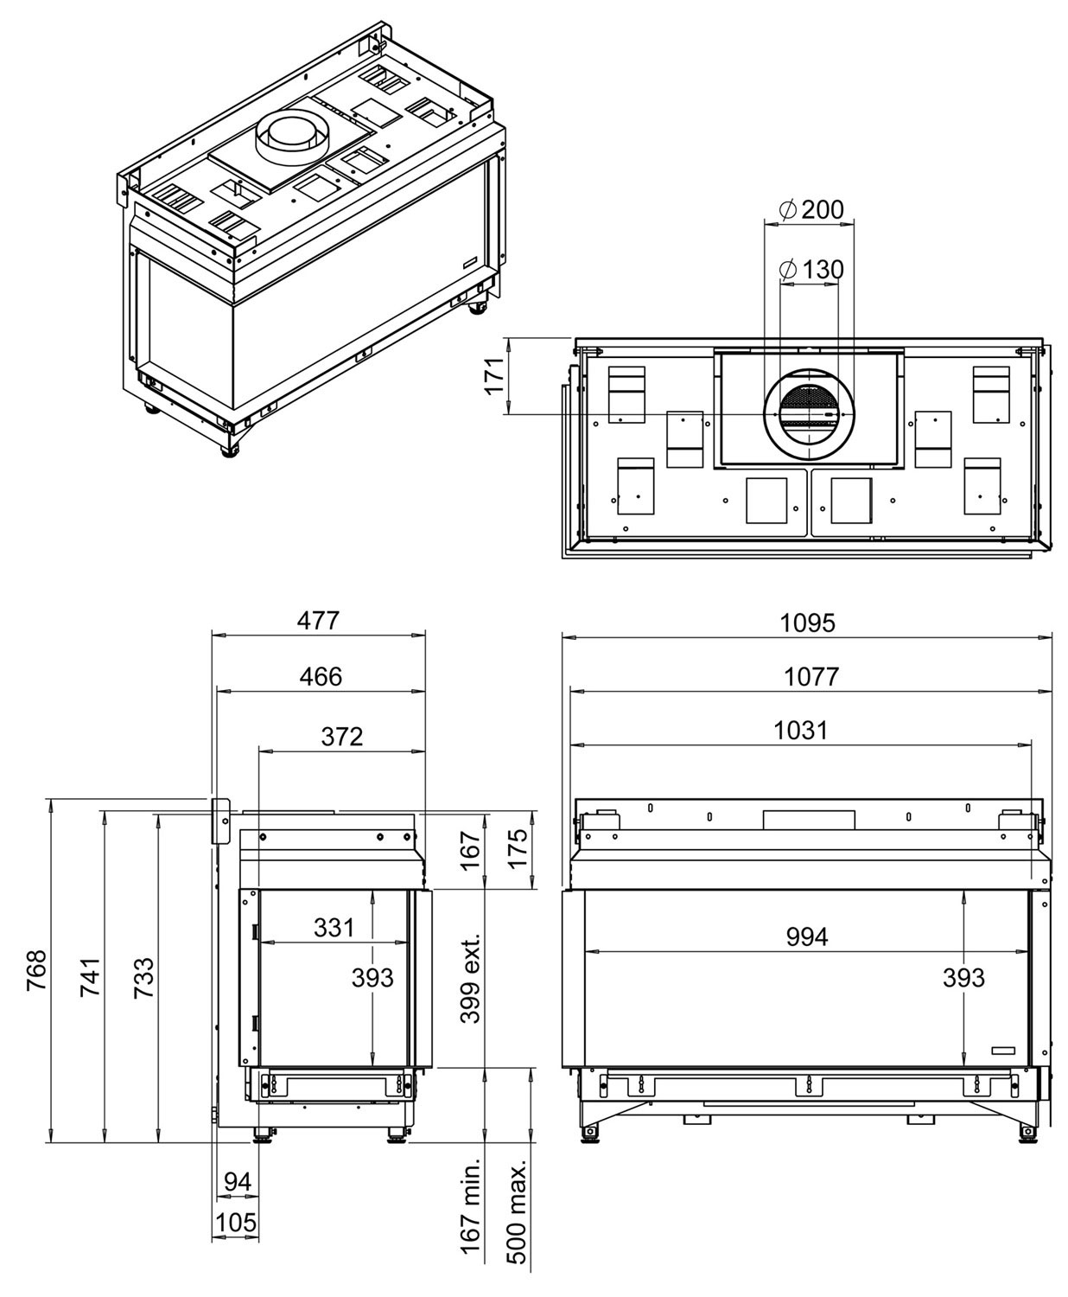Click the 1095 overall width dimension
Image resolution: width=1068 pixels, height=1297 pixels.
coord(808,622)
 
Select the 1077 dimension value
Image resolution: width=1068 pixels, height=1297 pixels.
coord(811,676)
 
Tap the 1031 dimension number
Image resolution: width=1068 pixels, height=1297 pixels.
coord(800,730)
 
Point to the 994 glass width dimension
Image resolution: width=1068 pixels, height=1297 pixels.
coord(807,936)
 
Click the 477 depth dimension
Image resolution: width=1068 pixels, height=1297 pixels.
coord(319,621)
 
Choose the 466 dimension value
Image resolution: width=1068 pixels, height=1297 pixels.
coord(321,676)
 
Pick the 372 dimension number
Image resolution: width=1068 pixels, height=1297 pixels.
coord(342,736)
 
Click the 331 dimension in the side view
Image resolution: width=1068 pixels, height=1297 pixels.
coord(334,928)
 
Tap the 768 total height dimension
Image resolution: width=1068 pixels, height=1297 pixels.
coord(38,970)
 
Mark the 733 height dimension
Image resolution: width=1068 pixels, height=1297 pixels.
coord(144,977)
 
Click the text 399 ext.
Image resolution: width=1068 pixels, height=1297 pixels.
coord(470,978)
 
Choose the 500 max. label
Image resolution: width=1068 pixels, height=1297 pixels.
coord(517,1218)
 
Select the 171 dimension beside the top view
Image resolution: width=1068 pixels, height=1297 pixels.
coord(494,376)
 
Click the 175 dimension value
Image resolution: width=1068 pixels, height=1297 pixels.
coord(517,849)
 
